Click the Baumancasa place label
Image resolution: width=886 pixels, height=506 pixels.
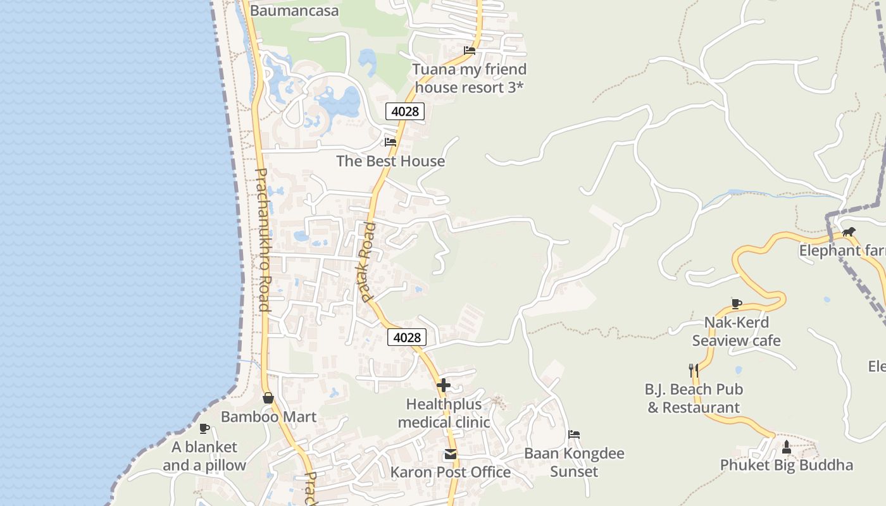[294, 11]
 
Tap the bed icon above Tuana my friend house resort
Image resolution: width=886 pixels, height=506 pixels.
[470, 51]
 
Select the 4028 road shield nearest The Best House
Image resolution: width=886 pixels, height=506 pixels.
[405, 111]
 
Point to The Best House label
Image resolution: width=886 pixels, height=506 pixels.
[390, 161]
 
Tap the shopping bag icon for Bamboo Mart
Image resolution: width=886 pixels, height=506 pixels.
[268, 398]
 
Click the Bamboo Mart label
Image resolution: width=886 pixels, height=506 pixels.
[268, 417]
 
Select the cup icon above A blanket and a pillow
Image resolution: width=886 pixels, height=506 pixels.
[204, 428]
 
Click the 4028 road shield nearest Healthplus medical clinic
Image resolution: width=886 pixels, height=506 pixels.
[406, 337]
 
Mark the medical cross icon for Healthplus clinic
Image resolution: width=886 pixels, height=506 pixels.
[444, 385]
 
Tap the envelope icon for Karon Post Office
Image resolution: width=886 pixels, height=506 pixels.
[450, 454]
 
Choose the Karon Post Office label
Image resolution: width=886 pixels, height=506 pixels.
[450, 472]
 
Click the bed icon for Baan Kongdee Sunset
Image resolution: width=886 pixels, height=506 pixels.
[574, 435]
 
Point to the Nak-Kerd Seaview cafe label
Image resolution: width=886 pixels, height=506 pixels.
[736, 331]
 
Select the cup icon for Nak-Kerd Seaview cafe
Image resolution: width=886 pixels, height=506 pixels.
[736, 304]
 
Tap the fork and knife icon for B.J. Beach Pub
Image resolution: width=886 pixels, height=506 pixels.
[694, 370]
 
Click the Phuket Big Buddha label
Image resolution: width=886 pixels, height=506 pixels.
[787, 466]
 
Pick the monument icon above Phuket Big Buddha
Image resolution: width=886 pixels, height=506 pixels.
[787, 447]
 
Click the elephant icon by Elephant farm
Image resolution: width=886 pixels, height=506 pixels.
[849, 232]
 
